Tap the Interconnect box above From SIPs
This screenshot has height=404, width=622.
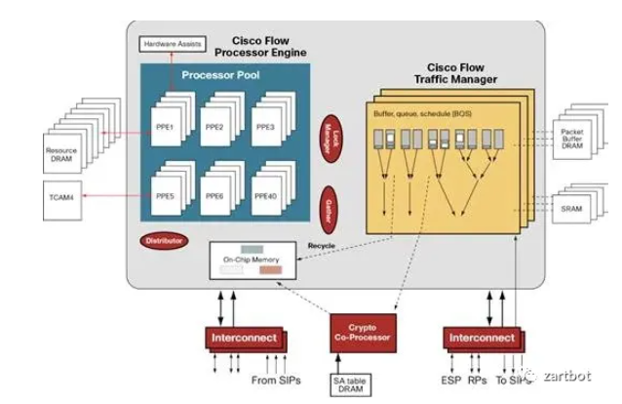(243, 338)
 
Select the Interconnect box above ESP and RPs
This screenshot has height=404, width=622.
(482, 338)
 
